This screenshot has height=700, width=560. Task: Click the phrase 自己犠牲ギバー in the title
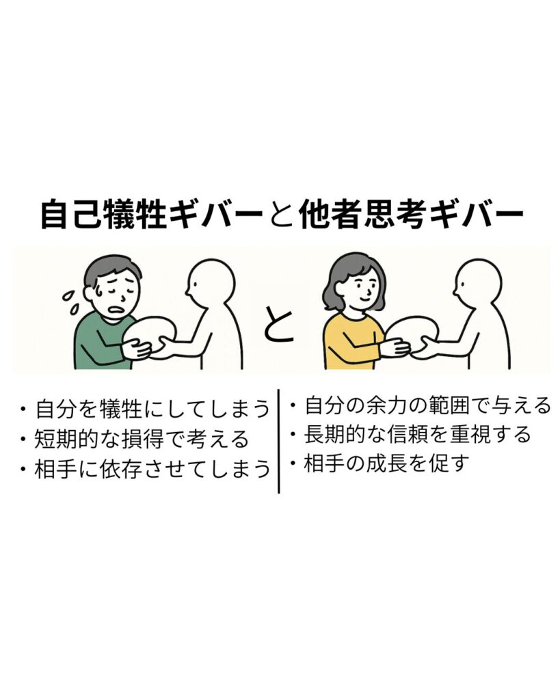tap(152, 215)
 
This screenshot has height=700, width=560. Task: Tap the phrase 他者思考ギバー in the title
tap(411, 215)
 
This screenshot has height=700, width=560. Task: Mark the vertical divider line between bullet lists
tap(279, 441)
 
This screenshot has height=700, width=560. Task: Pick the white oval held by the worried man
tap(150, 334)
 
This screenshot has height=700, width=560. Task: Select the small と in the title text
tap(281, 215)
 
